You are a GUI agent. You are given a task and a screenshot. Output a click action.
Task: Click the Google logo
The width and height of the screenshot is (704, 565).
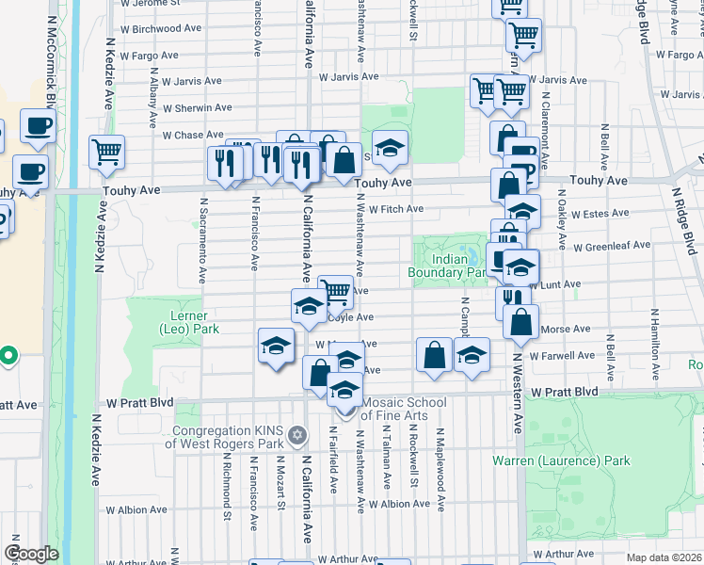pyautogui.click(x=31, y=553)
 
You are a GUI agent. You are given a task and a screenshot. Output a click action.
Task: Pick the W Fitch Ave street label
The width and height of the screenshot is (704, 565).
pyautogui.click(x=395, y=209)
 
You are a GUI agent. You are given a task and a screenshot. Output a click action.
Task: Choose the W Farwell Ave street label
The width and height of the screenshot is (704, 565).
pyautogui.click(x=562, y=356)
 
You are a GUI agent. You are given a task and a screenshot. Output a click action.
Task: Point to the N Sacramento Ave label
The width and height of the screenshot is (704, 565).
pyautogui.click(x=202, y=240)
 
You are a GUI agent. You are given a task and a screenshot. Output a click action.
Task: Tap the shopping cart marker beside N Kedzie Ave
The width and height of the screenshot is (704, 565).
pyautogui.click(x=107, y=151)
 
